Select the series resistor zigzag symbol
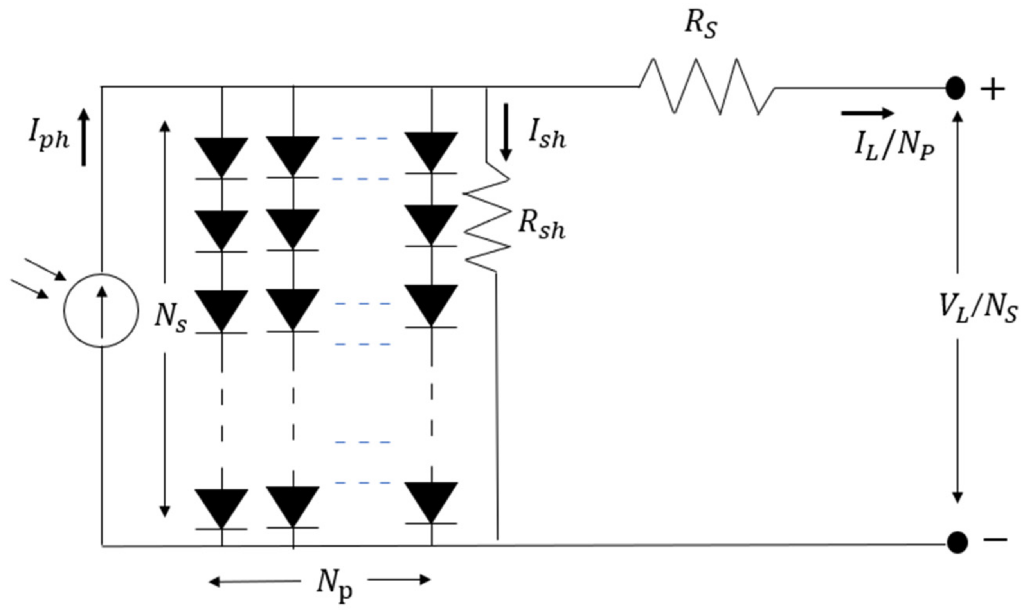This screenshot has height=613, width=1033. coord(707,87)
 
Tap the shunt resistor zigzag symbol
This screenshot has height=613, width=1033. coord(487,219)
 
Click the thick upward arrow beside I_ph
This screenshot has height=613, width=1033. coord(84,137)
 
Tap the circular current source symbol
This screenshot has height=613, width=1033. coord(101,311)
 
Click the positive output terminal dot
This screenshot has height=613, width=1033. coord(955,89)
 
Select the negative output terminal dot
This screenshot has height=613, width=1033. coord(957,542)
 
